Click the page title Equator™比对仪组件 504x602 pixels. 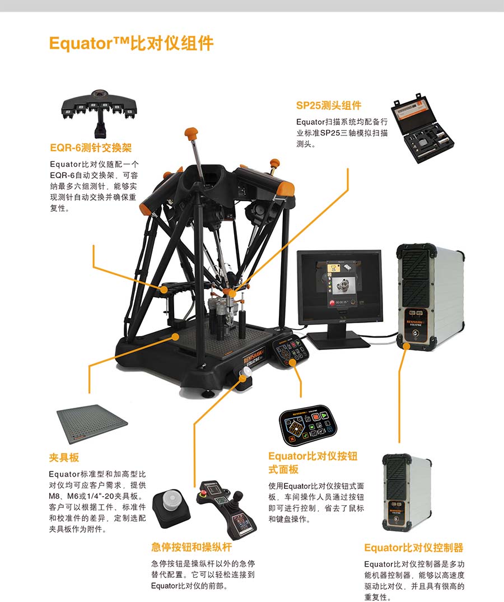[131, 43]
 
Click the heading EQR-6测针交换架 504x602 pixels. [91, 148]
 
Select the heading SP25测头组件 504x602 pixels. [329, 106]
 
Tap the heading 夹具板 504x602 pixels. [64, 458]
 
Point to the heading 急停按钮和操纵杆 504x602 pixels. [192, 547]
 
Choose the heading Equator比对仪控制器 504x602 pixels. [414, 548]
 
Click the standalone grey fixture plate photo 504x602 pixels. [92, 423]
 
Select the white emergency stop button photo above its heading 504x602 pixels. [171, 507]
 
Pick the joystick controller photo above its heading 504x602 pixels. [227, 508]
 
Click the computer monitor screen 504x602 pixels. [340, 284]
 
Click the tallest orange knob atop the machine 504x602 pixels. [191, 133]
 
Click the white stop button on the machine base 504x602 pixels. [245, 372]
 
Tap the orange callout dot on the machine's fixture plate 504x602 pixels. [175, 337]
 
